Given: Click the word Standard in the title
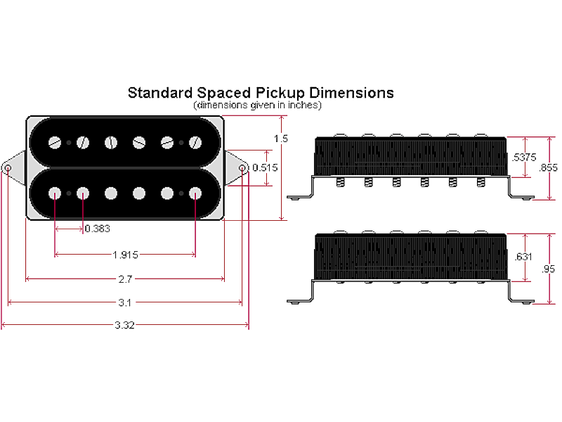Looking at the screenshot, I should click(155, 93).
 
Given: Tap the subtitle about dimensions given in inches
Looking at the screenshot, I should click(257, 105).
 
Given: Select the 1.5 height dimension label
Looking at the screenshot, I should click(281, 139).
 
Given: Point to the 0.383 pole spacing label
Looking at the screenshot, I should click(97, 229).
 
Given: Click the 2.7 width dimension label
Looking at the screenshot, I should click(125, 279).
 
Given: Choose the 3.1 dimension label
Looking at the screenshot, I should click(125, 302).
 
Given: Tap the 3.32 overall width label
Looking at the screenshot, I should click(125, 325).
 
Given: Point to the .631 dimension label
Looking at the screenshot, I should click(523, 257).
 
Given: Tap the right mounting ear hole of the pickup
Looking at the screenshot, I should click(243, 170).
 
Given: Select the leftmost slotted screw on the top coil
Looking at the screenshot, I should click(55, 143).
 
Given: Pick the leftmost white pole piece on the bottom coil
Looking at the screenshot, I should click(55, 192).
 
